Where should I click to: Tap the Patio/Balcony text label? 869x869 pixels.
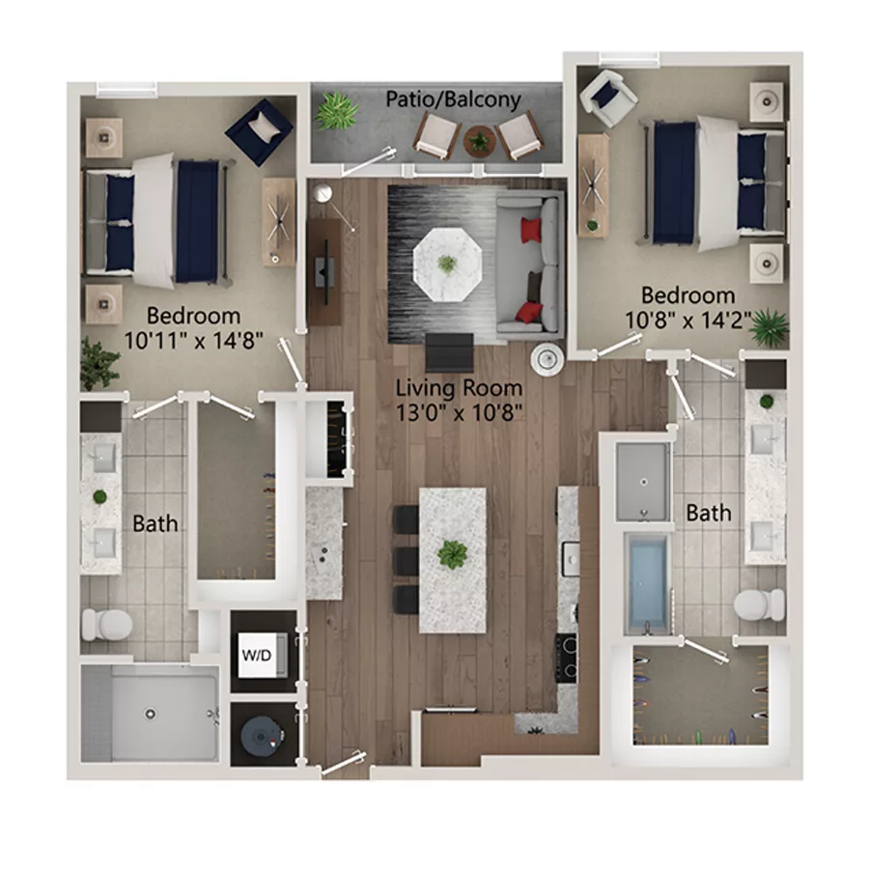pos(454,99)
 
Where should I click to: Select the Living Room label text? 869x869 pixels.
pos(460,388)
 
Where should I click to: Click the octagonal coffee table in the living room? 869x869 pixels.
pos(446,262)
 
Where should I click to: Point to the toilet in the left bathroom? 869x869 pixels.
pos(106,625)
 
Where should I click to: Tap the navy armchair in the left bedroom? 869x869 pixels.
pos(259,129)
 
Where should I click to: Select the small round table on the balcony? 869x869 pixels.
pos(479,142)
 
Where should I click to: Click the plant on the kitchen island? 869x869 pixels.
pos(452,554)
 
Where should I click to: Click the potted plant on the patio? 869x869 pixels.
pos(337,111)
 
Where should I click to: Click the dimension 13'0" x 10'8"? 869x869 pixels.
pos(460,412)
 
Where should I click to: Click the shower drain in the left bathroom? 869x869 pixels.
pos(150,715)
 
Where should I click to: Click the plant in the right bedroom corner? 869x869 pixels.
pos(770,326)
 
